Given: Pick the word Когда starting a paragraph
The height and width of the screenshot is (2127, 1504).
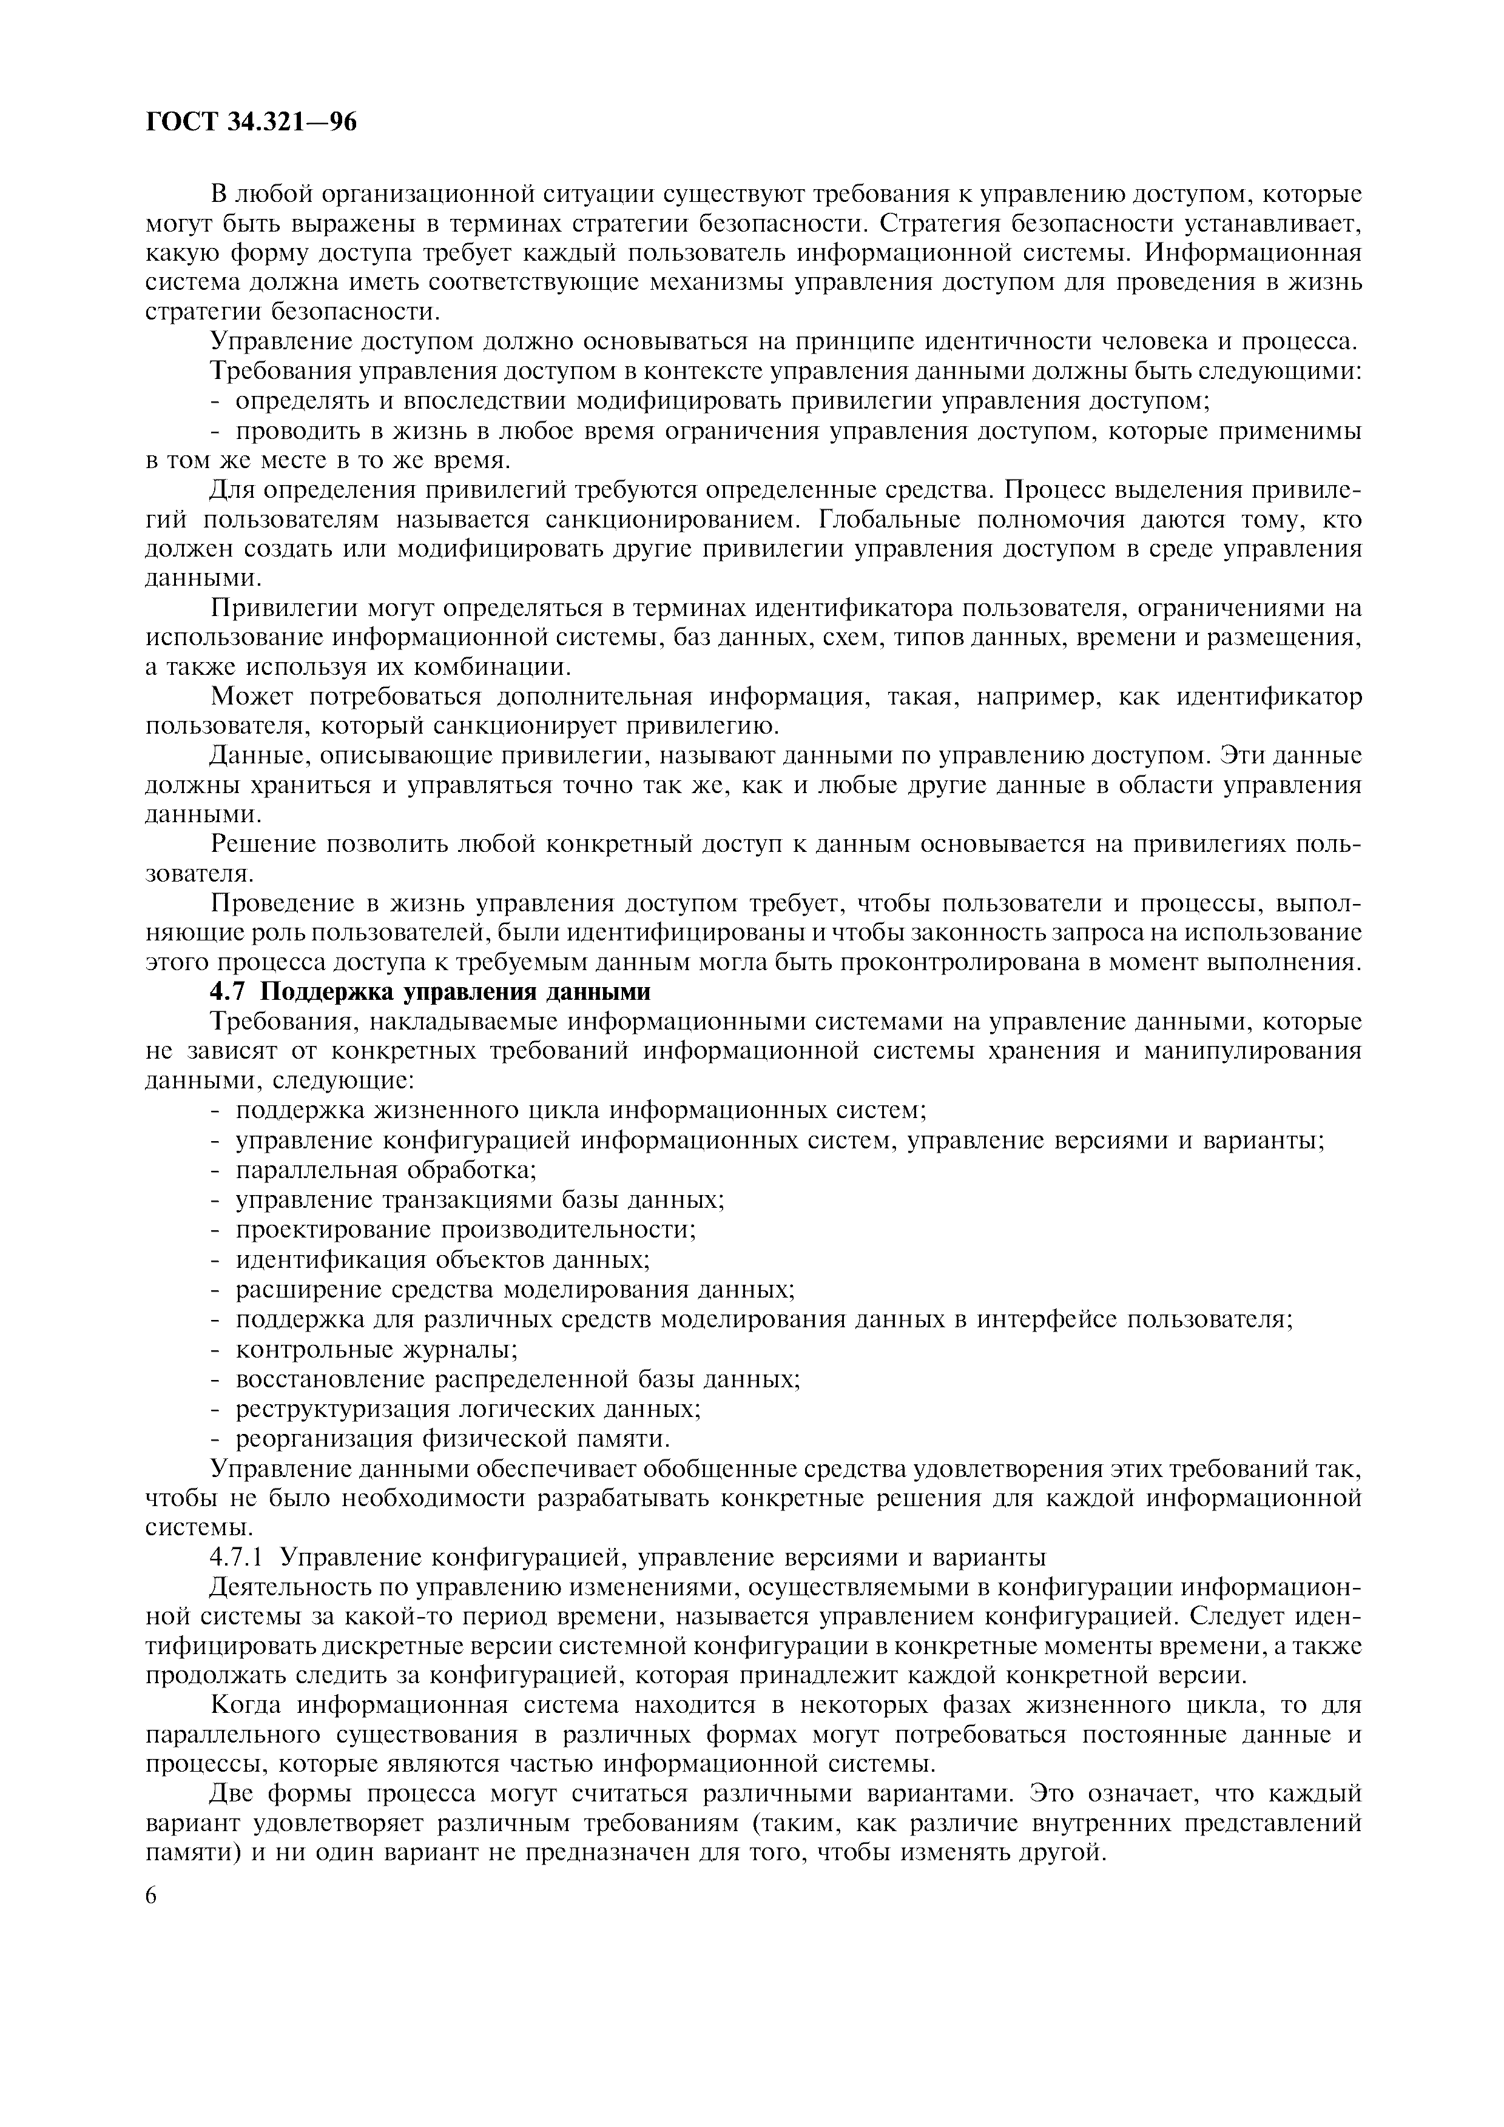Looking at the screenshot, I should tap(248, 1706).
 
